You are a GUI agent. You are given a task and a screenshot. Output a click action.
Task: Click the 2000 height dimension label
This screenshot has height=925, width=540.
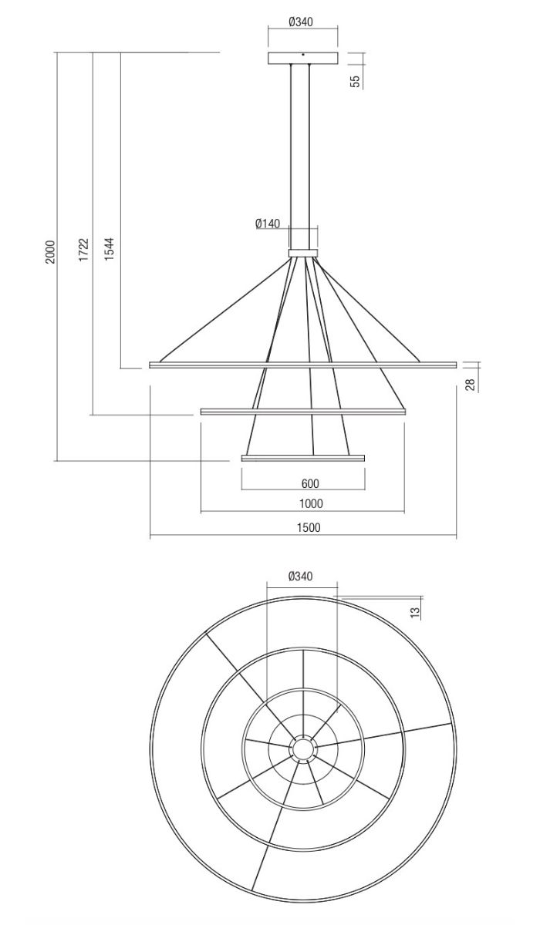coord(50,252)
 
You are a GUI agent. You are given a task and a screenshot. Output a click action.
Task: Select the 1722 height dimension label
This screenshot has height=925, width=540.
coord(84,249)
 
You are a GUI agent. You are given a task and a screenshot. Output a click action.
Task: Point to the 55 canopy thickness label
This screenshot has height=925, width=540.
coord(356,82)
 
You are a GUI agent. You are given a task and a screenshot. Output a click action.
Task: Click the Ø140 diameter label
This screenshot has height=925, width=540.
coord(268,224)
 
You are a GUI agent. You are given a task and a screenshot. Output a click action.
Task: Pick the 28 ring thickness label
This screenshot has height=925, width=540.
coord(471,385)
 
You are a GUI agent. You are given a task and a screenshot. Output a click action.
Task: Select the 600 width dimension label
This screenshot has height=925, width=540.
coord(310,483)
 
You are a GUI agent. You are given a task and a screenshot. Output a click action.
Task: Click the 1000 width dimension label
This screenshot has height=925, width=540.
coord(311,503)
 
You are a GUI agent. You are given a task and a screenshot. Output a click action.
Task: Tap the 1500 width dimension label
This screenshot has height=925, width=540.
coord(309,528)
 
